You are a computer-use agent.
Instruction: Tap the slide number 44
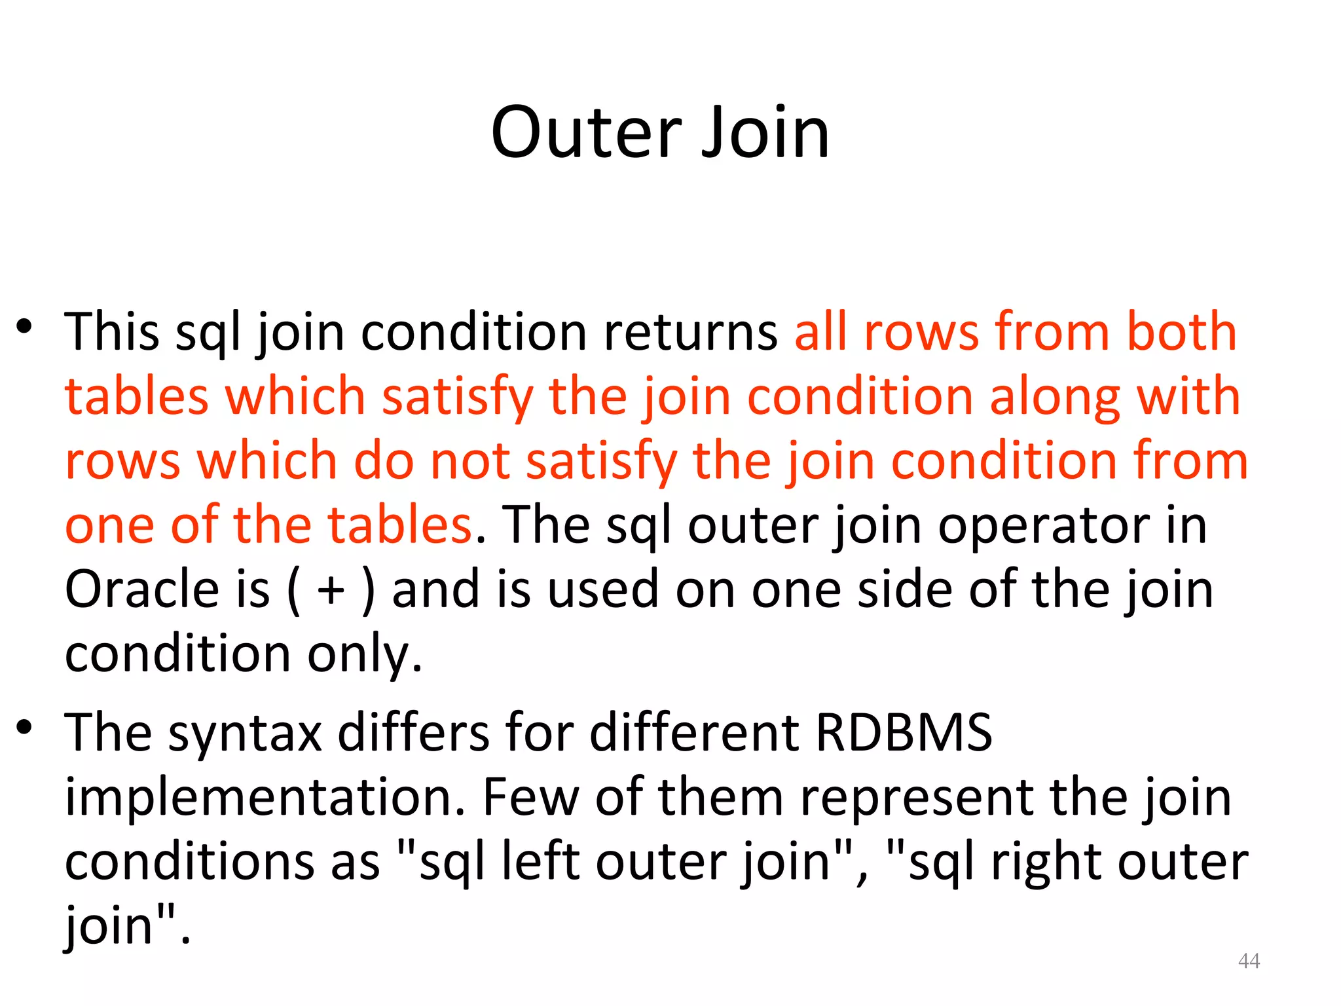1249,961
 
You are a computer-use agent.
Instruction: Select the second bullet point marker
24,726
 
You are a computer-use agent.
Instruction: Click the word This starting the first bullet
111,331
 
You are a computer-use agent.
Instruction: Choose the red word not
469,461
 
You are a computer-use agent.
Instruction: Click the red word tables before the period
399,525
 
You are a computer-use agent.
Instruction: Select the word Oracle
141,589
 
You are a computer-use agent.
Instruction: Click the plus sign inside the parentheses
331,590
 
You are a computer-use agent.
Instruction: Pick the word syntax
245,733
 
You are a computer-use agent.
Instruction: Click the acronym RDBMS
904,732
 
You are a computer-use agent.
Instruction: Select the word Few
530,796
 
